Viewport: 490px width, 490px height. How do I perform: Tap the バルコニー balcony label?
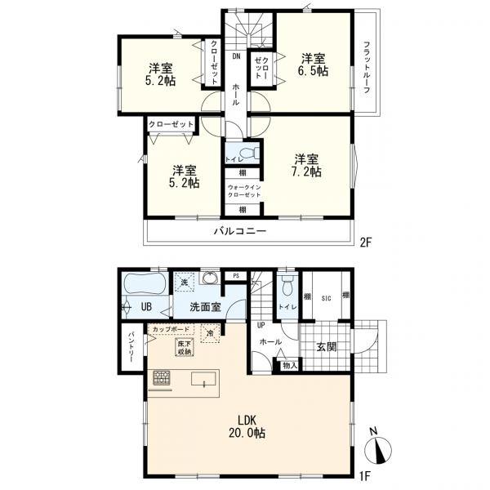[240, 232]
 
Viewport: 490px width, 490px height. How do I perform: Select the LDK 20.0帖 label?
[247, 426]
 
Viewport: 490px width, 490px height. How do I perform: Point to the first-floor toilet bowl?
[287, 285]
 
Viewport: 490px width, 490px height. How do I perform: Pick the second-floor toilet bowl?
[249, 154]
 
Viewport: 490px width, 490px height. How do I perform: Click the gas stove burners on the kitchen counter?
[161, 378]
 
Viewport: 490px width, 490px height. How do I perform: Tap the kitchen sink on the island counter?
[203, 379]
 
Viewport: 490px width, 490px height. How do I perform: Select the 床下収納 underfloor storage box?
[185, 348]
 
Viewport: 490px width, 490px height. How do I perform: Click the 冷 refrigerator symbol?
[211, 333]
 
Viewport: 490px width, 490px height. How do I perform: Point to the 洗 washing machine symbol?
[185, 282]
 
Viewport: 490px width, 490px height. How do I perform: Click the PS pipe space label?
[236, 276]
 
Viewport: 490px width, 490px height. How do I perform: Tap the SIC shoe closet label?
[326, 298]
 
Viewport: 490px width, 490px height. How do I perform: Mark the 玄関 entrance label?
[326, 347]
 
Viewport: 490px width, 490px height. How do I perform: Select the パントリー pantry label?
[131, 347]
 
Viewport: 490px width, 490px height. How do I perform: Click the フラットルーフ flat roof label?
[367, 68]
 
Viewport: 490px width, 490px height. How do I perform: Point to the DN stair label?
[236, 56]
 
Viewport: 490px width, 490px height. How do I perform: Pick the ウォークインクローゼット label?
[244, 191]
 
